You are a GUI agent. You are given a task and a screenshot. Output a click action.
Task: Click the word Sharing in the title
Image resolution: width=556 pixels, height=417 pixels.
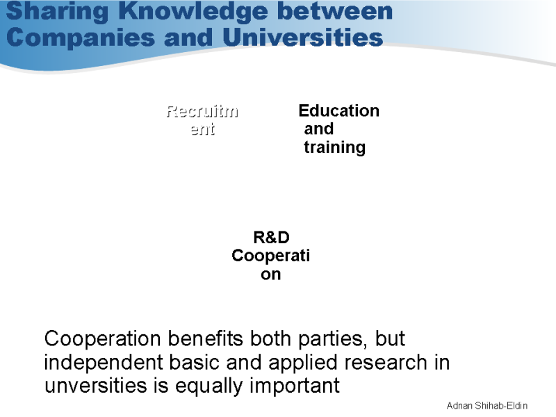[58, 11]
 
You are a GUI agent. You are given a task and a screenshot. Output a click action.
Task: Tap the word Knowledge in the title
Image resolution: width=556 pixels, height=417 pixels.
[193, 10]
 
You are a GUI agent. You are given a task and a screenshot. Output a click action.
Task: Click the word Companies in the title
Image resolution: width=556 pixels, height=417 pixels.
[80, 38]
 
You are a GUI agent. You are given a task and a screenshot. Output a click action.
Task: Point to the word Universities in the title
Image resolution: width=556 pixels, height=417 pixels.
[303, 37]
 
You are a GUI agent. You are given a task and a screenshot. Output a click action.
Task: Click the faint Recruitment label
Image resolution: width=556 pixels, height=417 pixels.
[202, 120]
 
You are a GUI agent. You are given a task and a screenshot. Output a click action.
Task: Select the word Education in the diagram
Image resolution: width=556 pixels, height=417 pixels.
[339, 111]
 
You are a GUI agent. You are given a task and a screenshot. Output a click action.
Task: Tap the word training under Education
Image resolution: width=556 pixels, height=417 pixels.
[334, 147]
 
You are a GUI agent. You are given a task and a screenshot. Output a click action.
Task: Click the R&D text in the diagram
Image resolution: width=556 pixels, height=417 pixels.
[271, 237]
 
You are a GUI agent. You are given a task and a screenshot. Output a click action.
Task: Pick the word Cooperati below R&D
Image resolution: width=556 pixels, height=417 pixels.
[271, 255]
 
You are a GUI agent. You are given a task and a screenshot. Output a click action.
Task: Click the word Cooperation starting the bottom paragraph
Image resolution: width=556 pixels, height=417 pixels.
[102, 338]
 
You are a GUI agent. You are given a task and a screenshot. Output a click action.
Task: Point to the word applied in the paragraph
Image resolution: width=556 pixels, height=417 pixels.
[302, 363]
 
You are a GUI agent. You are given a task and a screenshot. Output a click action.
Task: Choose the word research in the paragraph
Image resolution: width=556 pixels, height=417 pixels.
[386, 362]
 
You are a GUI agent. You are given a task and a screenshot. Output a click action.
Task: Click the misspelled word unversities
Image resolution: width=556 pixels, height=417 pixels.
[96, 386]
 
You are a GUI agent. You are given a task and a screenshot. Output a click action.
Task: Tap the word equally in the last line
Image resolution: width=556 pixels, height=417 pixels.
[209, 386]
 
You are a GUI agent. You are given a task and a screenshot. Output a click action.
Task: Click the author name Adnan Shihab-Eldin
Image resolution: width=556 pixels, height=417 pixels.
[487, 405]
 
